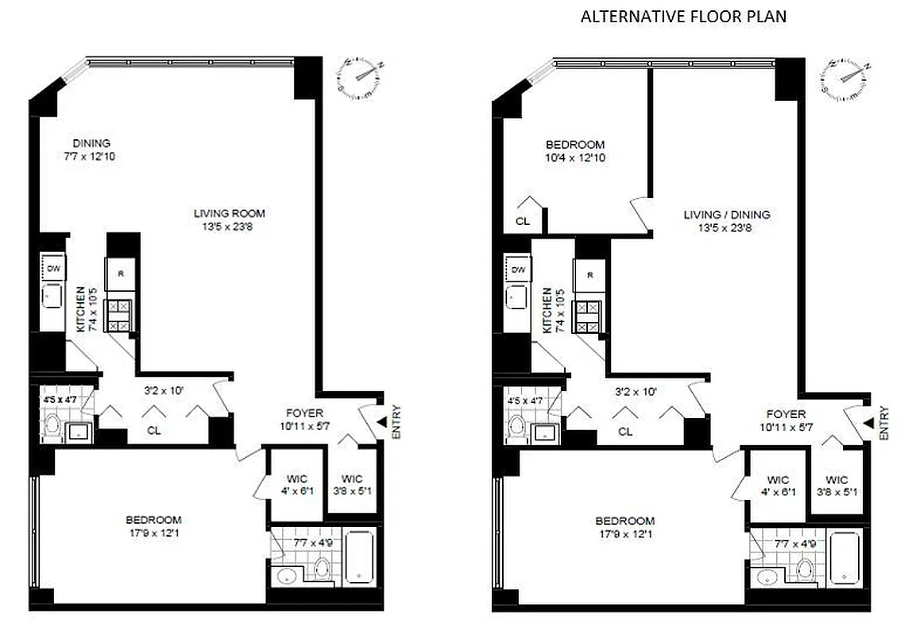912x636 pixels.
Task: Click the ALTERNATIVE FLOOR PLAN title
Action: point(683,17)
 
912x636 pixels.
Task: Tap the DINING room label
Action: point(91,143)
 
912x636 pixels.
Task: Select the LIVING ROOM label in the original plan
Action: point(229,213)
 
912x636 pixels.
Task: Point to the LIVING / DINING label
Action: point(727,215)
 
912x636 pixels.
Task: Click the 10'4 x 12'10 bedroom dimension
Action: point(574,157)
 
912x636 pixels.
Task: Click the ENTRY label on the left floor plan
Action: point(396,422)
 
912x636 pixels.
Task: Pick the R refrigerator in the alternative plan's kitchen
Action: point(590,275)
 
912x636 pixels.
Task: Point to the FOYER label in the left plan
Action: point(305,413)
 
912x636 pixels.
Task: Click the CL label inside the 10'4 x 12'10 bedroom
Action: point(522,222)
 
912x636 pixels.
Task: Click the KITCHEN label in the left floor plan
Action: point(80,310)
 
